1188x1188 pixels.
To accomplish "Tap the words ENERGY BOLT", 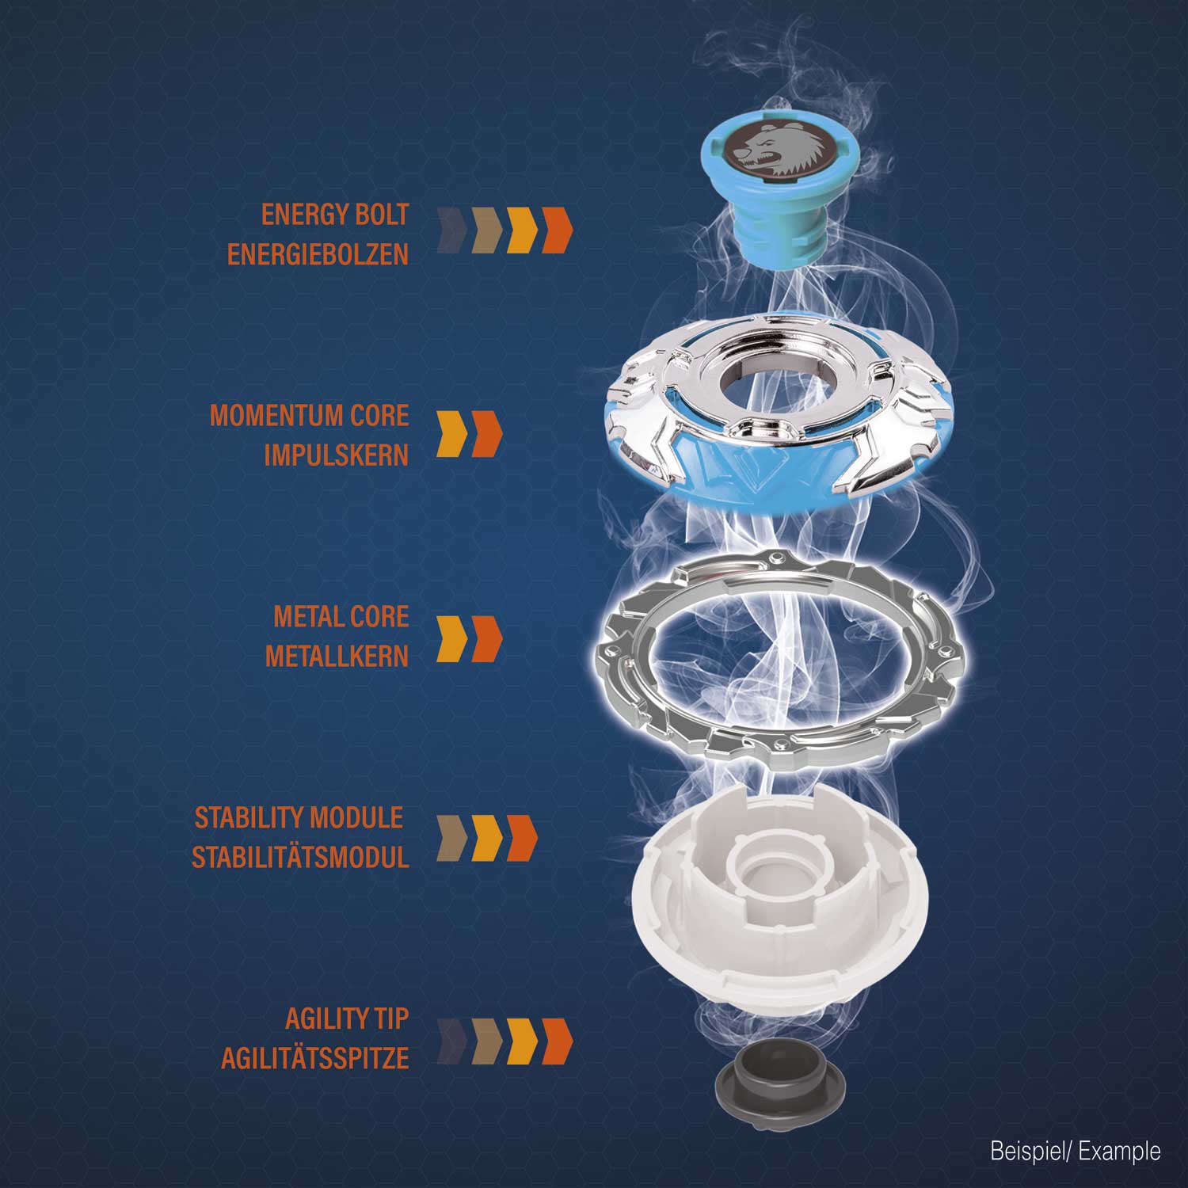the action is point(335,215).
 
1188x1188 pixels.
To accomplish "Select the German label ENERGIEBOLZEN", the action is point(318,254).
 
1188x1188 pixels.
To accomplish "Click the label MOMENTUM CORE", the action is point(309,416).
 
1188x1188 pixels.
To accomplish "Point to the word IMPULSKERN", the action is point(336,455).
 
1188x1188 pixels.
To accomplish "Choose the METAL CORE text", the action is point(341,617).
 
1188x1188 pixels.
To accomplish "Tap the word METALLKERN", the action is point(337,657).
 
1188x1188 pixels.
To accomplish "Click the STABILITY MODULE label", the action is point(299,818).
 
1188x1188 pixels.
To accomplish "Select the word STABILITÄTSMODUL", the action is point(300,858).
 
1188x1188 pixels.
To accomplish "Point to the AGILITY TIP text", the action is point(347,1019).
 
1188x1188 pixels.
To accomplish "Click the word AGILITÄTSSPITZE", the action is point(315,1059).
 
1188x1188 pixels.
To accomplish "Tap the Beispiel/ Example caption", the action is point(1076,1151).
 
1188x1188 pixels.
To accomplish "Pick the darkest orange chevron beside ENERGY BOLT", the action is point(557,230).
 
